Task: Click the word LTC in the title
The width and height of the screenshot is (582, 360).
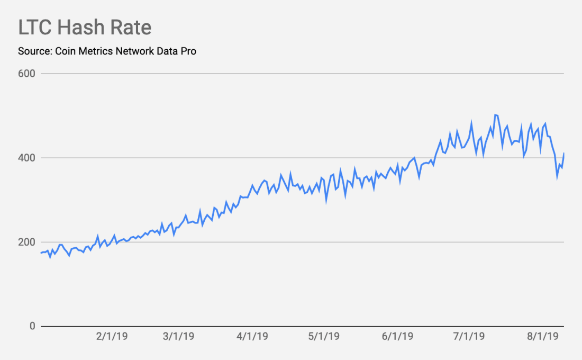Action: (x=35, y=28)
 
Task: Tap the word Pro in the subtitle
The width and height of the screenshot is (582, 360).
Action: (x=188, y=51)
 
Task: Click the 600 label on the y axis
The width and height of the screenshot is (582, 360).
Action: (x=26, y=74)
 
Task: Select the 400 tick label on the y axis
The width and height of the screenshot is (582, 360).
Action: (x=26, y=158)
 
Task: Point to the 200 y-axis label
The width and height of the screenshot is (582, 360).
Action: (x=26, y=242)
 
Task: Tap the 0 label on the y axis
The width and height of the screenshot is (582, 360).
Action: (x=32, y=326)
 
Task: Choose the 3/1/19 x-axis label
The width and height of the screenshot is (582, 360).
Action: (x=179, y=337)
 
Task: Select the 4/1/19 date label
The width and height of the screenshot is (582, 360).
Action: (x=252, y=337)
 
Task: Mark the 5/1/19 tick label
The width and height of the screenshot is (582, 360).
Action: (x=323, y=337)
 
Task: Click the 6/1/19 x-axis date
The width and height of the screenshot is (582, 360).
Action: (x=397, y=337)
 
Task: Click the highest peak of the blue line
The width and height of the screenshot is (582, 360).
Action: (x=495, y=114)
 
